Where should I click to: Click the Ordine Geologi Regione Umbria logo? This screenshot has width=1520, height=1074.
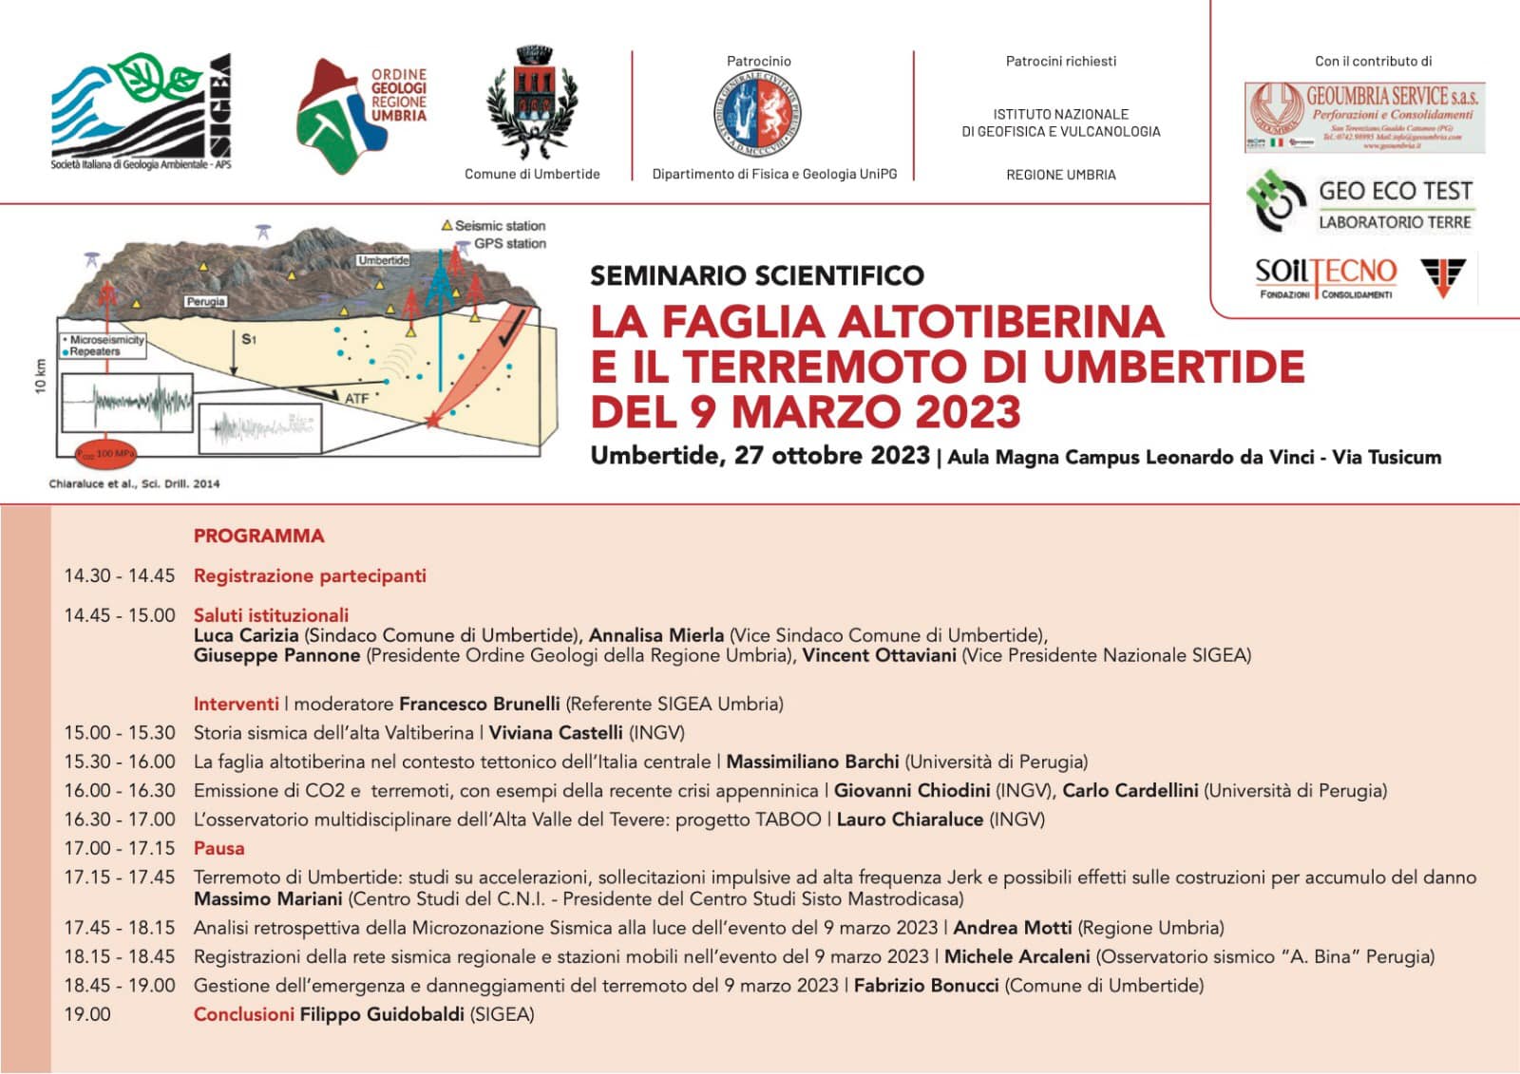coord(362,115)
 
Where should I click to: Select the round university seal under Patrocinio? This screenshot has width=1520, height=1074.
coord(757,112)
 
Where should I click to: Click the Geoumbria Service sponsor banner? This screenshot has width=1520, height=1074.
coord(1364,118)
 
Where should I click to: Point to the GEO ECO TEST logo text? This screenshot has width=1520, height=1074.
coord(1395,192)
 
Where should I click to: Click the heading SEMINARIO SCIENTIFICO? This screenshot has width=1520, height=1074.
coord(756,276)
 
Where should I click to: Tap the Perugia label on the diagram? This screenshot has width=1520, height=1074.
coord(205,301)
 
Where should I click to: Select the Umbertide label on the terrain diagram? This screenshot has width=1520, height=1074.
coord(383,260)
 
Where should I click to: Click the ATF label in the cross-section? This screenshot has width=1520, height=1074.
coord(356,399)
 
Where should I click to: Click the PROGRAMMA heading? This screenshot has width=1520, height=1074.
coord(258,536)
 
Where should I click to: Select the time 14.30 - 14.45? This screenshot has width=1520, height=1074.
coord(120,575)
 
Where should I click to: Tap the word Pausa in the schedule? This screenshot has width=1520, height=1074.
coord(218,848)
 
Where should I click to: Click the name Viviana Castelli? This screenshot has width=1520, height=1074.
coord(556,733)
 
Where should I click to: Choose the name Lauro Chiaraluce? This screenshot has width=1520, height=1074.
coord(909,820)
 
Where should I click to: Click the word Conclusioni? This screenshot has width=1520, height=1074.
coord(243,1014)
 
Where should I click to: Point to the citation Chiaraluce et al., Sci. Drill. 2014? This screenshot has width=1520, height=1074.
coord(134,483)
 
